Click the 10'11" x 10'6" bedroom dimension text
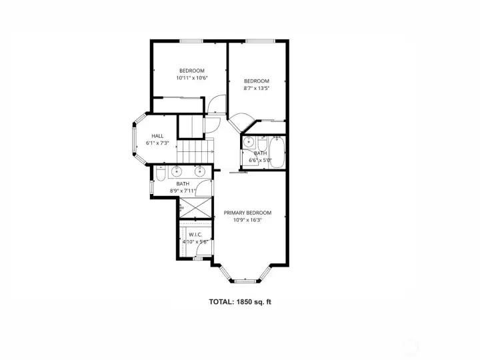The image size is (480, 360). [192, 78]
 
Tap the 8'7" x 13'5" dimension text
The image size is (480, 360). [257, 88]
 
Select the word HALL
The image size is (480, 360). [157, 136]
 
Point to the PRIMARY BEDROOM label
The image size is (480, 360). [247, 213]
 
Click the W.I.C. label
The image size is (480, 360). [195, 235]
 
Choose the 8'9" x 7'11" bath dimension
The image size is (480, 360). [183, 191]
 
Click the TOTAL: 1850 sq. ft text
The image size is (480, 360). [240, 302]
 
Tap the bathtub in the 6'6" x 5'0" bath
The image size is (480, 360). [277, 153]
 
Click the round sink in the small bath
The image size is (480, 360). [249, 142]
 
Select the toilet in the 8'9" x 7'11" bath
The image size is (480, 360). [161, 174]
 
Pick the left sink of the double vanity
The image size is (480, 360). [177, 171]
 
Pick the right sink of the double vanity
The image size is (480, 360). [199, 171]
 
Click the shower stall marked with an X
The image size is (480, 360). [195, 208]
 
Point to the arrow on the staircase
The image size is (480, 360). [211, 151]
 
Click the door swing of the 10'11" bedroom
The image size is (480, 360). [217, 105]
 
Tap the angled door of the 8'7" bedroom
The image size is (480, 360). [242, 123]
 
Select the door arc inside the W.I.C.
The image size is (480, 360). [203, 247]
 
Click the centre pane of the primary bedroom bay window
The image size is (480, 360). [245, 281]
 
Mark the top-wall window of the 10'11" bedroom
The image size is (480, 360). [191, 41]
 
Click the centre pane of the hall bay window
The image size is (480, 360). [134, 139]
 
